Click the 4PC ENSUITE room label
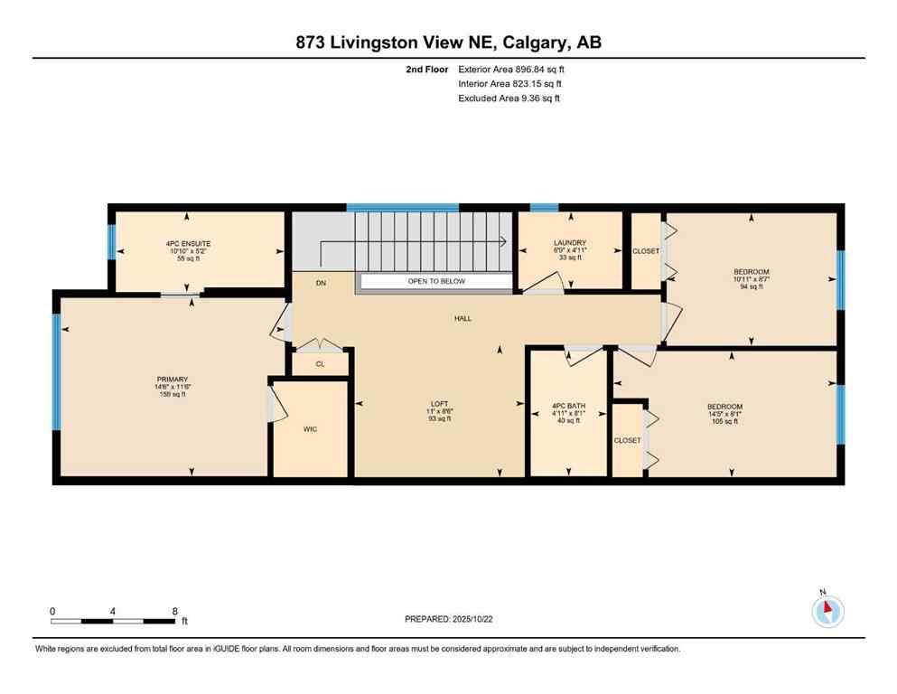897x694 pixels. pos(188,244)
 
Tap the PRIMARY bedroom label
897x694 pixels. pos(171,380)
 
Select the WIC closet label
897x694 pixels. pos(311,428)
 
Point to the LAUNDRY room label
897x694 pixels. pos(570,243)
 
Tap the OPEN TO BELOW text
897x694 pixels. pos(436,282)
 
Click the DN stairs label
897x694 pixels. pos(321,283)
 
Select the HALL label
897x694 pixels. pos(463,318)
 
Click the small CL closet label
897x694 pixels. pos(320,364)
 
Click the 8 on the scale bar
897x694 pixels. pos(173,611)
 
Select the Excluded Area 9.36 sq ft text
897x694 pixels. pos(509,98)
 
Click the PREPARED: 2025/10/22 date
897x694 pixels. pos(449,619)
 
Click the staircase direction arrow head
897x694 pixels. pos(501,241)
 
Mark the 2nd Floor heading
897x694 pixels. pos(428,69)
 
